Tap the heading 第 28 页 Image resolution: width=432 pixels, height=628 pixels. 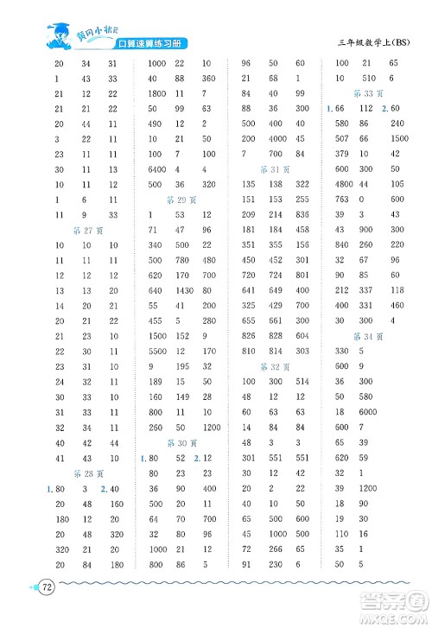tap(88, 473)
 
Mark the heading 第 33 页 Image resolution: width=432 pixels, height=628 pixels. tap(369, 92)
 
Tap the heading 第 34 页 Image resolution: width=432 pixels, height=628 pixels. tap(369, 335)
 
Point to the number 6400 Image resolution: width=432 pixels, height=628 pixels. tap(156, 168)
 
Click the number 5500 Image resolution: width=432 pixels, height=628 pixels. tap(156, 352)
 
